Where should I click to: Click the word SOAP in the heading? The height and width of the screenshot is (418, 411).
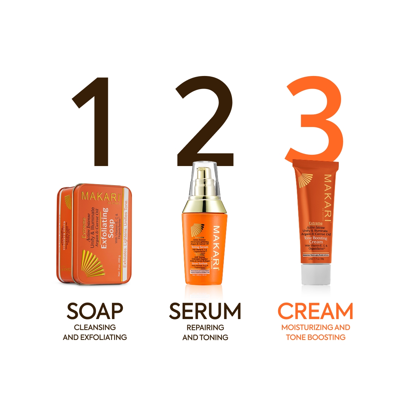coord(95,311)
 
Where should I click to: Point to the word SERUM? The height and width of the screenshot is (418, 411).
coord(205,311)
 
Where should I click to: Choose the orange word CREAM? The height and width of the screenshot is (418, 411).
coord(315,311)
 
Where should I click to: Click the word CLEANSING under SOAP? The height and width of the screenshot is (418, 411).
coord(95,328)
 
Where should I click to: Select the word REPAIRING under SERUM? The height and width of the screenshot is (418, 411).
coord(205,328)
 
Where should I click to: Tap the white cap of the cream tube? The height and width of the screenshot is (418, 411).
coord(316,274)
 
